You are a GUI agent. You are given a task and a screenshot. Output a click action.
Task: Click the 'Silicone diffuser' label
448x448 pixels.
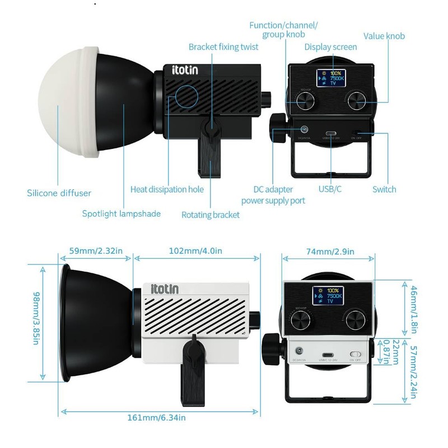pyautogui.click(x=59, y=193)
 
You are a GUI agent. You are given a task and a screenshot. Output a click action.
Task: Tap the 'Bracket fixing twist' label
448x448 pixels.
pyautogui.click(x=223, y=47)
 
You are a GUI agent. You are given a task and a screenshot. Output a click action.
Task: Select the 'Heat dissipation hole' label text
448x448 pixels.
pyautogui.click(x=167, y=189)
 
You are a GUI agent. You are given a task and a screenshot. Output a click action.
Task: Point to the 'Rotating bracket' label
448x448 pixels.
pyautogui.click(x=211, y=214)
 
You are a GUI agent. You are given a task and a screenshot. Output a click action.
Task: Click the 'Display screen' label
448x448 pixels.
pyautogui.click(x=330, y=48)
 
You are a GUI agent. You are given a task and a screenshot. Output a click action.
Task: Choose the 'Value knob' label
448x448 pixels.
pyautogui.click(x=384, y=36)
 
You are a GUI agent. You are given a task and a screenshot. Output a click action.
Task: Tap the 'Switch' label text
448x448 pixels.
pyautogui.click(x=384, y=189)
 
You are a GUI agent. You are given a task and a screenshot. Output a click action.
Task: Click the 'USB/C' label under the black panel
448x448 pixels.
pyautogui.click(x=330, y=189)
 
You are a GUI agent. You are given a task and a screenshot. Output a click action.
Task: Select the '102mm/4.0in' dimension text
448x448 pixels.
pyautogui.click(x=195, y=251)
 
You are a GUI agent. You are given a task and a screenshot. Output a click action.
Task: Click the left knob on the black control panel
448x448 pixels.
pyautogui.click(x=306, y=101)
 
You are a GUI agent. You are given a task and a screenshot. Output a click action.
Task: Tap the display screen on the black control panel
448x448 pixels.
pyautogui.click(x=330, y=79)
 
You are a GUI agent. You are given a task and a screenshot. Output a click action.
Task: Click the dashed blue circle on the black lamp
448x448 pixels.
pyautogui.click(x=185, y=96)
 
